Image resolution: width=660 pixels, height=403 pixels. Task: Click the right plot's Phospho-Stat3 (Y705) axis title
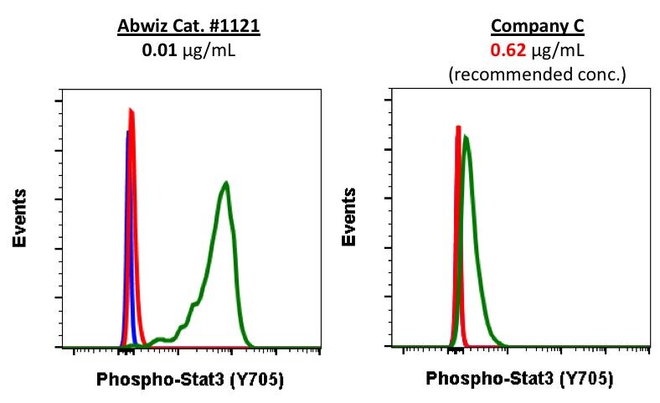click(519, 380)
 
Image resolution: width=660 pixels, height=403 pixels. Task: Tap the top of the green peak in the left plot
click(225, 183)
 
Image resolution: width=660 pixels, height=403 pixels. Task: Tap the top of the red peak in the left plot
click(131, 110)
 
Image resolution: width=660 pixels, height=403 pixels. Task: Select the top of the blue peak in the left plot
click(126, 132)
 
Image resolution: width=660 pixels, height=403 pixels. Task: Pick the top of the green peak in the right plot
click(466, 137)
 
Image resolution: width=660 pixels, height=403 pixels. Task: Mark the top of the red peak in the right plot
click(458, 127)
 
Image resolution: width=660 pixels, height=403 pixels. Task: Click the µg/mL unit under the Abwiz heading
click(206, 49)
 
